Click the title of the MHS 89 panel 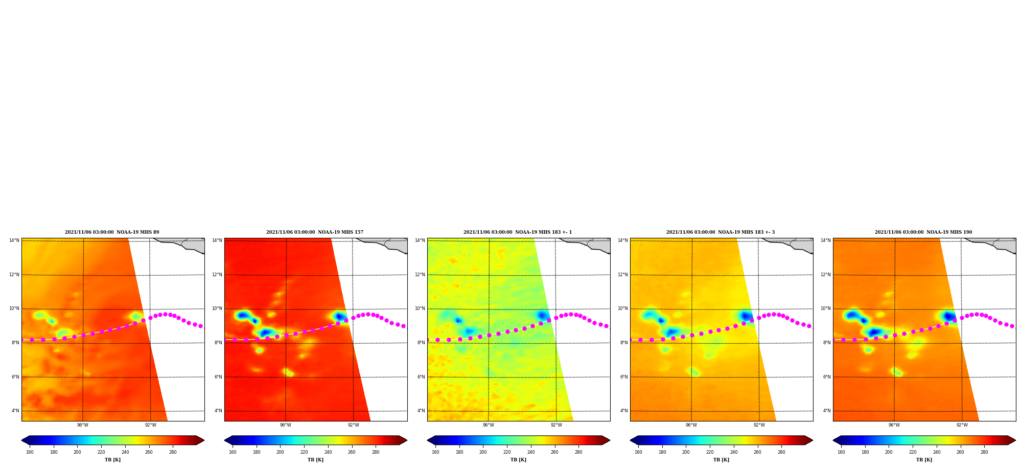(x=112, y=232)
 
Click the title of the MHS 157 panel (x=315, y=232)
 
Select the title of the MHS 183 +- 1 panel (x=518, y=232)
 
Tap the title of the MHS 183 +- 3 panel (x=721, y=232)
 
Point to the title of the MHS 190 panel (x=923, y=232)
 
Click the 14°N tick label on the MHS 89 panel (x=14, y=240)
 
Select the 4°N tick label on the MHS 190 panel (x=827, y=411)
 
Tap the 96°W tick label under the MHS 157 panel (x=286, y=425)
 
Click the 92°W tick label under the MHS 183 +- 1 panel (x=556, y=425)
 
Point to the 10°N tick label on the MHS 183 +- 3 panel (x=622, y=308)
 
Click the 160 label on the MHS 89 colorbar (x=30, y=452)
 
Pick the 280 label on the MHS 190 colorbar (x=984, y=452)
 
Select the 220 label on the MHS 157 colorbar (x=304, y=452)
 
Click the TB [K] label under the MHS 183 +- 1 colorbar (x=518, y=460)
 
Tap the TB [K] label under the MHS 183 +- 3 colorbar (x=721, y=460)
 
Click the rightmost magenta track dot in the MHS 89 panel (x=200, y=326)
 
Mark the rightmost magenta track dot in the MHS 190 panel (x=1012, y=326)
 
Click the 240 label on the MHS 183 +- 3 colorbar (x=734, y=452)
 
